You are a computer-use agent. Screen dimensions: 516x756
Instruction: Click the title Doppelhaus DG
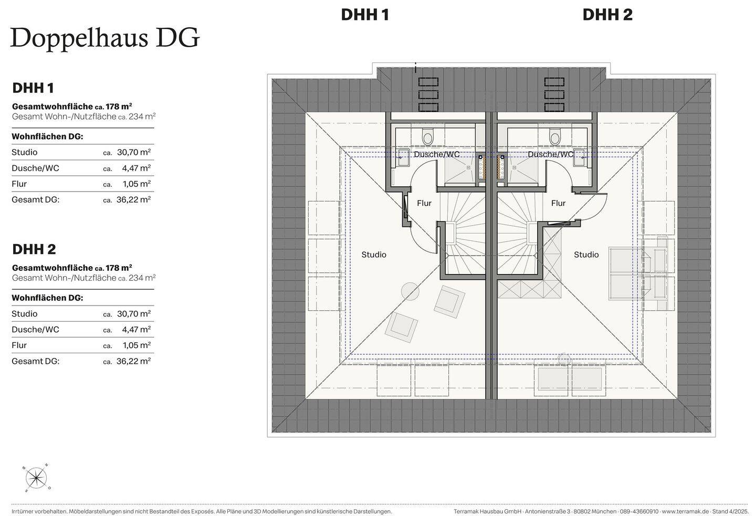pos(105,38)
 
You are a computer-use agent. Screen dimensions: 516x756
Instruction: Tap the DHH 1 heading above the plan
pos(365,15)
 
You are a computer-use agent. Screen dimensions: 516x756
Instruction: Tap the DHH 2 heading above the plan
pos(607,15)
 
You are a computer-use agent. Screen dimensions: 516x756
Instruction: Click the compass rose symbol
pos(36,478)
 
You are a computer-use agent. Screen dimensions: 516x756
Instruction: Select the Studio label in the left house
pos(374,255)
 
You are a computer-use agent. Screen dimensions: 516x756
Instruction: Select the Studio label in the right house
pos(586,255)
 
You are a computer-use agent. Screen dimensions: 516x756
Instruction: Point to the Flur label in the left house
pos(424,203)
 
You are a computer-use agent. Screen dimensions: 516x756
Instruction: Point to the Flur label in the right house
pos(558,203)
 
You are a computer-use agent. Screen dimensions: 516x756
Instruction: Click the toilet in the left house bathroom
pos(428,138)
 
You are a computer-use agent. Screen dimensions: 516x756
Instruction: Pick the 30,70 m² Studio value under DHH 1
pos(134,152)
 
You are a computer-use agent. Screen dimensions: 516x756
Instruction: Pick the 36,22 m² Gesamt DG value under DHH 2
pos(134,361)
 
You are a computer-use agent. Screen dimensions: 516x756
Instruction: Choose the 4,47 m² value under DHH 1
pos(137,168)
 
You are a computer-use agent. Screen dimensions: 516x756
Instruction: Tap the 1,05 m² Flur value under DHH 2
pos(137,345)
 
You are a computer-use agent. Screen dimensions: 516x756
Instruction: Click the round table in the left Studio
pos(409,290)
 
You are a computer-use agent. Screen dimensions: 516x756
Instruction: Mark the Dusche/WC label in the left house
pos(436,154)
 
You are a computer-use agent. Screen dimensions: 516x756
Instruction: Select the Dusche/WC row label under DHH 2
pos(35,330)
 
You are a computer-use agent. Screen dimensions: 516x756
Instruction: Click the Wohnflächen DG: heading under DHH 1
pos(47,136)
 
